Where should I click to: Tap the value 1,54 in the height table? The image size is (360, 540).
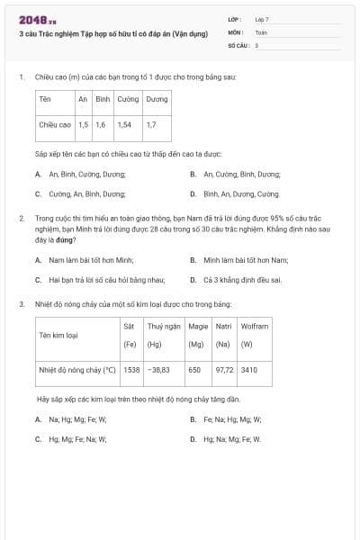click(x=124, y=124)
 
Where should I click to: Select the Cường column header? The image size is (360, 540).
click(x=128, y=99)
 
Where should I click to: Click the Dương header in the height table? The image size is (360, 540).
click(x=157, y=99)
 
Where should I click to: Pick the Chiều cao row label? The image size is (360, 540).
click(x=55, y=124)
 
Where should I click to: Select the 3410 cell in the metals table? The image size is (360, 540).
click(x=249, y=370)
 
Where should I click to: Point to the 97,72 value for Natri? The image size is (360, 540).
click(x=224, y=370)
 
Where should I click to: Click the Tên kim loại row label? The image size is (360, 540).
click(x=57, y=336)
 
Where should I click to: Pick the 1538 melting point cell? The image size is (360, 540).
click(x=131, y=370)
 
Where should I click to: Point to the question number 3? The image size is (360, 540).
click(x=21, y=304)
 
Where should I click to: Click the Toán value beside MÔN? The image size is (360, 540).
click(x=261, y=31)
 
